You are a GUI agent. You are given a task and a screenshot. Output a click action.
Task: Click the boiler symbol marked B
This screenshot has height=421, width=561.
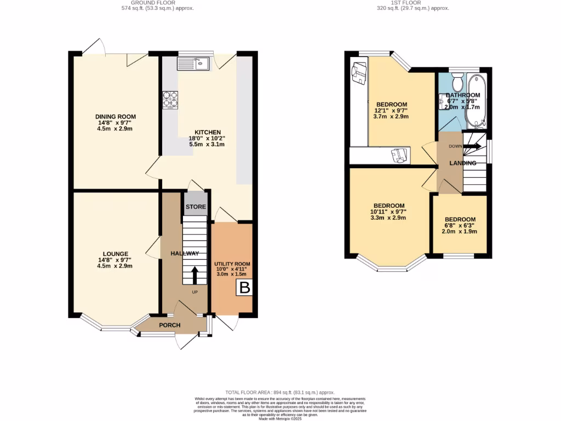[x=244, y=288]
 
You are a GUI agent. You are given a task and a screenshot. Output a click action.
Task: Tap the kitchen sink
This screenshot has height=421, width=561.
[x=193, y=64]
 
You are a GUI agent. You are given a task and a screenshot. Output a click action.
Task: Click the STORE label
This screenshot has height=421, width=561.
[x=196, y=207]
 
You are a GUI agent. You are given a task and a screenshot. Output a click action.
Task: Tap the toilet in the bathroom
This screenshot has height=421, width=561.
[x=458, y=82]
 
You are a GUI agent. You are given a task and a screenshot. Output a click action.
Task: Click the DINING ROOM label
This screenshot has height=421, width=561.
[x=115, y=117]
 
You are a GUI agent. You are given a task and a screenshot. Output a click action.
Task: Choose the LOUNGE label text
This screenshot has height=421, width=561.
[x=115, y=254]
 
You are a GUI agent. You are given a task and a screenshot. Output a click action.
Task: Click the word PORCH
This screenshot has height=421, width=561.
[x=169, y=325]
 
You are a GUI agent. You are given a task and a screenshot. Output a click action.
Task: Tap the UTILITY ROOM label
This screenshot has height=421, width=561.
[x=232, y=264]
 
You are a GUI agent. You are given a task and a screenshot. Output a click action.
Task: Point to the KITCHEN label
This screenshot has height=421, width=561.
[x=208, y=132]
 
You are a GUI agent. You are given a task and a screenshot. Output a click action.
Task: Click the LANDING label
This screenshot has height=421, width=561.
[x=462, y=163]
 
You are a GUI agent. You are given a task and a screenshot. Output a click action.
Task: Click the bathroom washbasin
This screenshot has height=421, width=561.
[x=443, y=102]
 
